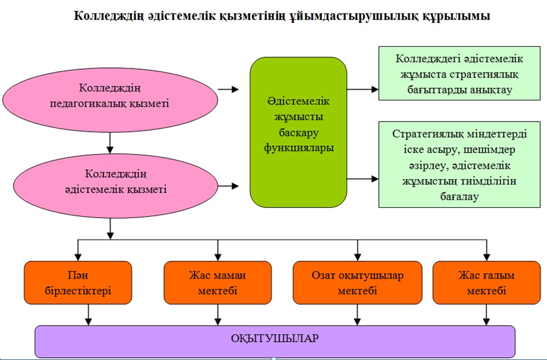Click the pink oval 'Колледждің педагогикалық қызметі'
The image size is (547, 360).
110,100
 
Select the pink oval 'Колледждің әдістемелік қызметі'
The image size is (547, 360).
115,186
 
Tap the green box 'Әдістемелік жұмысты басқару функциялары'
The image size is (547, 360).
299,132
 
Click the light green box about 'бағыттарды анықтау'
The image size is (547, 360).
459,74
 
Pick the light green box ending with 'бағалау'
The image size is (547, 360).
459,164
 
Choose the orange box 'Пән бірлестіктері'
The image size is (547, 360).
78,283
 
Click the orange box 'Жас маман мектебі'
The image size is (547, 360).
218,283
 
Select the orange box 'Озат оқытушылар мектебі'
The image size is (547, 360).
358,283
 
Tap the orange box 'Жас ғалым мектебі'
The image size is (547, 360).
487,283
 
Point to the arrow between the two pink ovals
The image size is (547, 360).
110,143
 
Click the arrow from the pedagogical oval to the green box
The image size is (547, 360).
228,90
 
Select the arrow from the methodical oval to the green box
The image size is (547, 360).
228,186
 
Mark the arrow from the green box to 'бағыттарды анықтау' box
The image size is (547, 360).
363,90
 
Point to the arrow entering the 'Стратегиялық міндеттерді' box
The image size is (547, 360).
363,179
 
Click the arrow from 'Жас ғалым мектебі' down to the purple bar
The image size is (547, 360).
487,315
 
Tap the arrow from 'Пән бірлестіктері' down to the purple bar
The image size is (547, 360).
89,315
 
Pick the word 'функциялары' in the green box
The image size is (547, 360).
299,148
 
